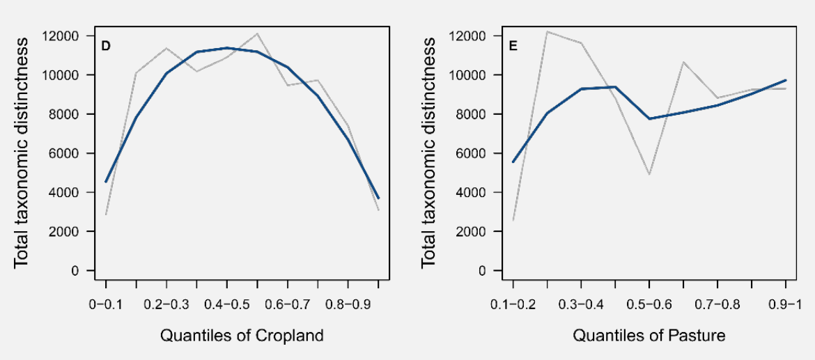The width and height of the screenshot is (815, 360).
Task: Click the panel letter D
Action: (107, 47)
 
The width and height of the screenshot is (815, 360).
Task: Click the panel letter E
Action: (513, 47)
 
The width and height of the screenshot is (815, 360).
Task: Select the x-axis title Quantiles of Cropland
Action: (242, 336)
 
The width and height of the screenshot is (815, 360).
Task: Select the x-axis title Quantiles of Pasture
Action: (649, 336)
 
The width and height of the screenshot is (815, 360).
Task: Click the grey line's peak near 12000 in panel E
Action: (548, 31)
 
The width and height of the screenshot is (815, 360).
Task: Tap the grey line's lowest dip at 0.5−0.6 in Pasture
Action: (649, 174)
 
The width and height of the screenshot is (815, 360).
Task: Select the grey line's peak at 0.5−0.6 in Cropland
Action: (257, 33)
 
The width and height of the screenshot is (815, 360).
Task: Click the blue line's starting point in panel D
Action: (106, 182)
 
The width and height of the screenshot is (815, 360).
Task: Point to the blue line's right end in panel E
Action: (786, 80)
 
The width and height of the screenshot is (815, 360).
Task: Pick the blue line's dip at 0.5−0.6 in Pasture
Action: (649, 118)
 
